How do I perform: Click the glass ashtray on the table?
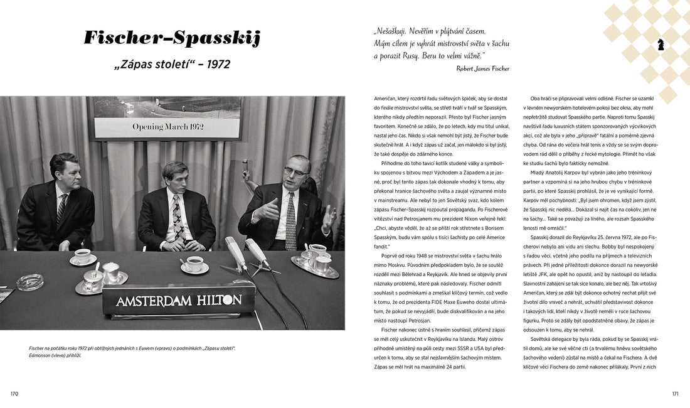29,282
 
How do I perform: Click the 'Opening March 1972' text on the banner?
167,127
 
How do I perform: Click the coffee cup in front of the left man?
83,256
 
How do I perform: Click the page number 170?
14,394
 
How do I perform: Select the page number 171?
675,394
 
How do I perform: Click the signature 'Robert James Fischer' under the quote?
482,68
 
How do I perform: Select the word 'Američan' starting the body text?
387,99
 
